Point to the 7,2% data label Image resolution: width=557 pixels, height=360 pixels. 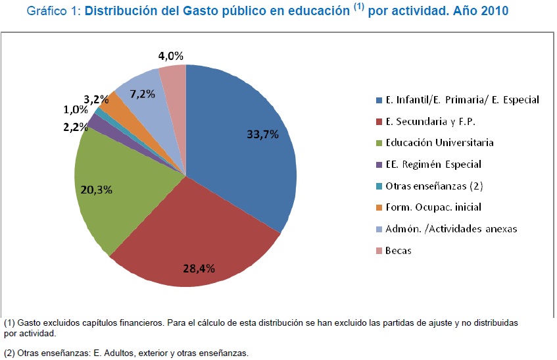click(142, 94)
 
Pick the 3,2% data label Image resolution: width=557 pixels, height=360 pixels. click(96, 99)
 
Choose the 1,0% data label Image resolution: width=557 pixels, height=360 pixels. click(76, 110)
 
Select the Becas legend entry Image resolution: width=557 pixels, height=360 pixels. click(398, 251)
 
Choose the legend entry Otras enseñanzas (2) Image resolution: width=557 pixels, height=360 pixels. click(435, 186)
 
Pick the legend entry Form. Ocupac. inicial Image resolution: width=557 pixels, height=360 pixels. click(433, 207)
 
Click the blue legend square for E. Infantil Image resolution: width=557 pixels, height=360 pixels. click(378, 100)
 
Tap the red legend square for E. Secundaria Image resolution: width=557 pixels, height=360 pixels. click(378, 122)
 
